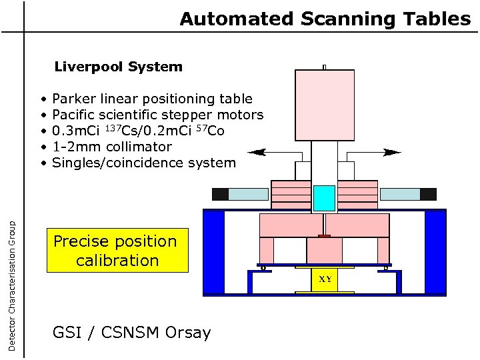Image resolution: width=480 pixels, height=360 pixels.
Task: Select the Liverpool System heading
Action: coord(118,67)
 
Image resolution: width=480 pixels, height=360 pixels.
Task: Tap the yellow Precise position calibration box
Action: coord(117,251)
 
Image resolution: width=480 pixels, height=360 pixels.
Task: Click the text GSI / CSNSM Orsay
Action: coord(131,333)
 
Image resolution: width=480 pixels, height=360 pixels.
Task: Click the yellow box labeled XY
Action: coord(324,280)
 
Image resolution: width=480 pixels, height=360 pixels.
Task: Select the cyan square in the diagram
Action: coord(324,198)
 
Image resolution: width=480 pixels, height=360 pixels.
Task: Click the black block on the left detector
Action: coord(220,195)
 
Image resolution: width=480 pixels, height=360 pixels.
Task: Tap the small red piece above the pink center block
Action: coord(324,236)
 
